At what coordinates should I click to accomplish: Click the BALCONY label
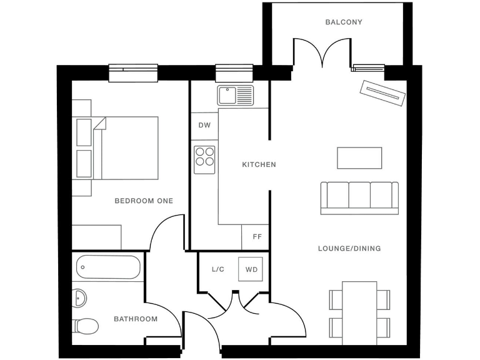click(344, 22)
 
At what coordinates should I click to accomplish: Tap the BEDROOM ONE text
click(144, 201)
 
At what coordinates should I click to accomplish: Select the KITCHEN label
click(259, 165)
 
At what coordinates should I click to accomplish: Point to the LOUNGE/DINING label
click(349, 249)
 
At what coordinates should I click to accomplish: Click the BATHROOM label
click(136, 319)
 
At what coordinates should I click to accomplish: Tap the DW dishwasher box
click(204, 125)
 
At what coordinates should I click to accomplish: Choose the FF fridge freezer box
click(256, 237)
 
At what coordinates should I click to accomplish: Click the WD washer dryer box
click(251, 269)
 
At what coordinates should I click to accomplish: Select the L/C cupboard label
click(218, 269)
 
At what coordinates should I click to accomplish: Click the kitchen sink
click(235, 96)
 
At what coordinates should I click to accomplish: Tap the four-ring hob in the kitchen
click(204, 159)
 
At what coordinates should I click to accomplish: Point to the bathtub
click(109, 267)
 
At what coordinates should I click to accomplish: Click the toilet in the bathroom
click(85, 326)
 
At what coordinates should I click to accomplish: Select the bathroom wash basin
click(80, 298)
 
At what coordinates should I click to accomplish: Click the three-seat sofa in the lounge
click(359, 197)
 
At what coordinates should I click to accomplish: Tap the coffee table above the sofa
click(359, 157)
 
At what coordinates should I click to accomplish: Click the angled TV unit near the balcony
click(382, 94)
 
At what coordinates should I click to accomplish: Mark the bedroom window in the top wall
click(133, 73)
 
